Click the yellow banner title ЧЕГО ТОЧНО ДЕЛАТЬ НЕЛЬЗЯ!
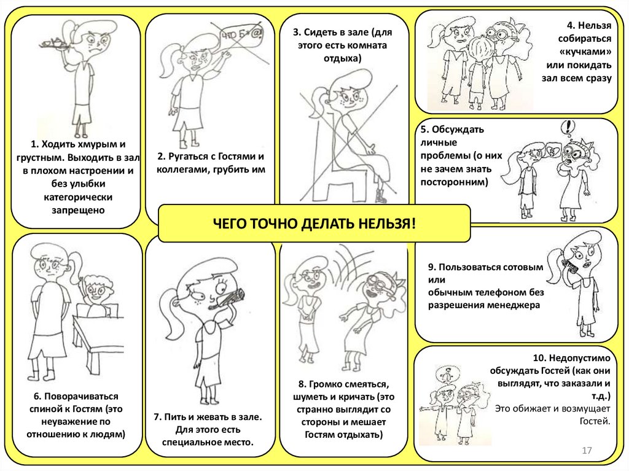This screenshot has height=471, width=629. click(x=314, y=224)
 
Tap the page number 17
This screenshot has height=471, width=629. click(x=587, y=451)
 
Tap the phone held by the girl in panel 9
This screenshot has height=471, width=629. click(x=571, y=267)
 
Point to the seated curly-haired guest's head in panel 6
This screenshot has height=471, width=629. click(x=96, y=289)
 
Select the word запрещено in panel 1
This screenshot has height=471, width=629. click(x=78, y=210)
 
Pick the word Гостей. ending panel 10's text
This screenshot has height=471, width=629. click(x=595, y=421)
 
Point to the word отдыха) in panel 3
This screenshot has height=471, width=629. click(x=342, y=58)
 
